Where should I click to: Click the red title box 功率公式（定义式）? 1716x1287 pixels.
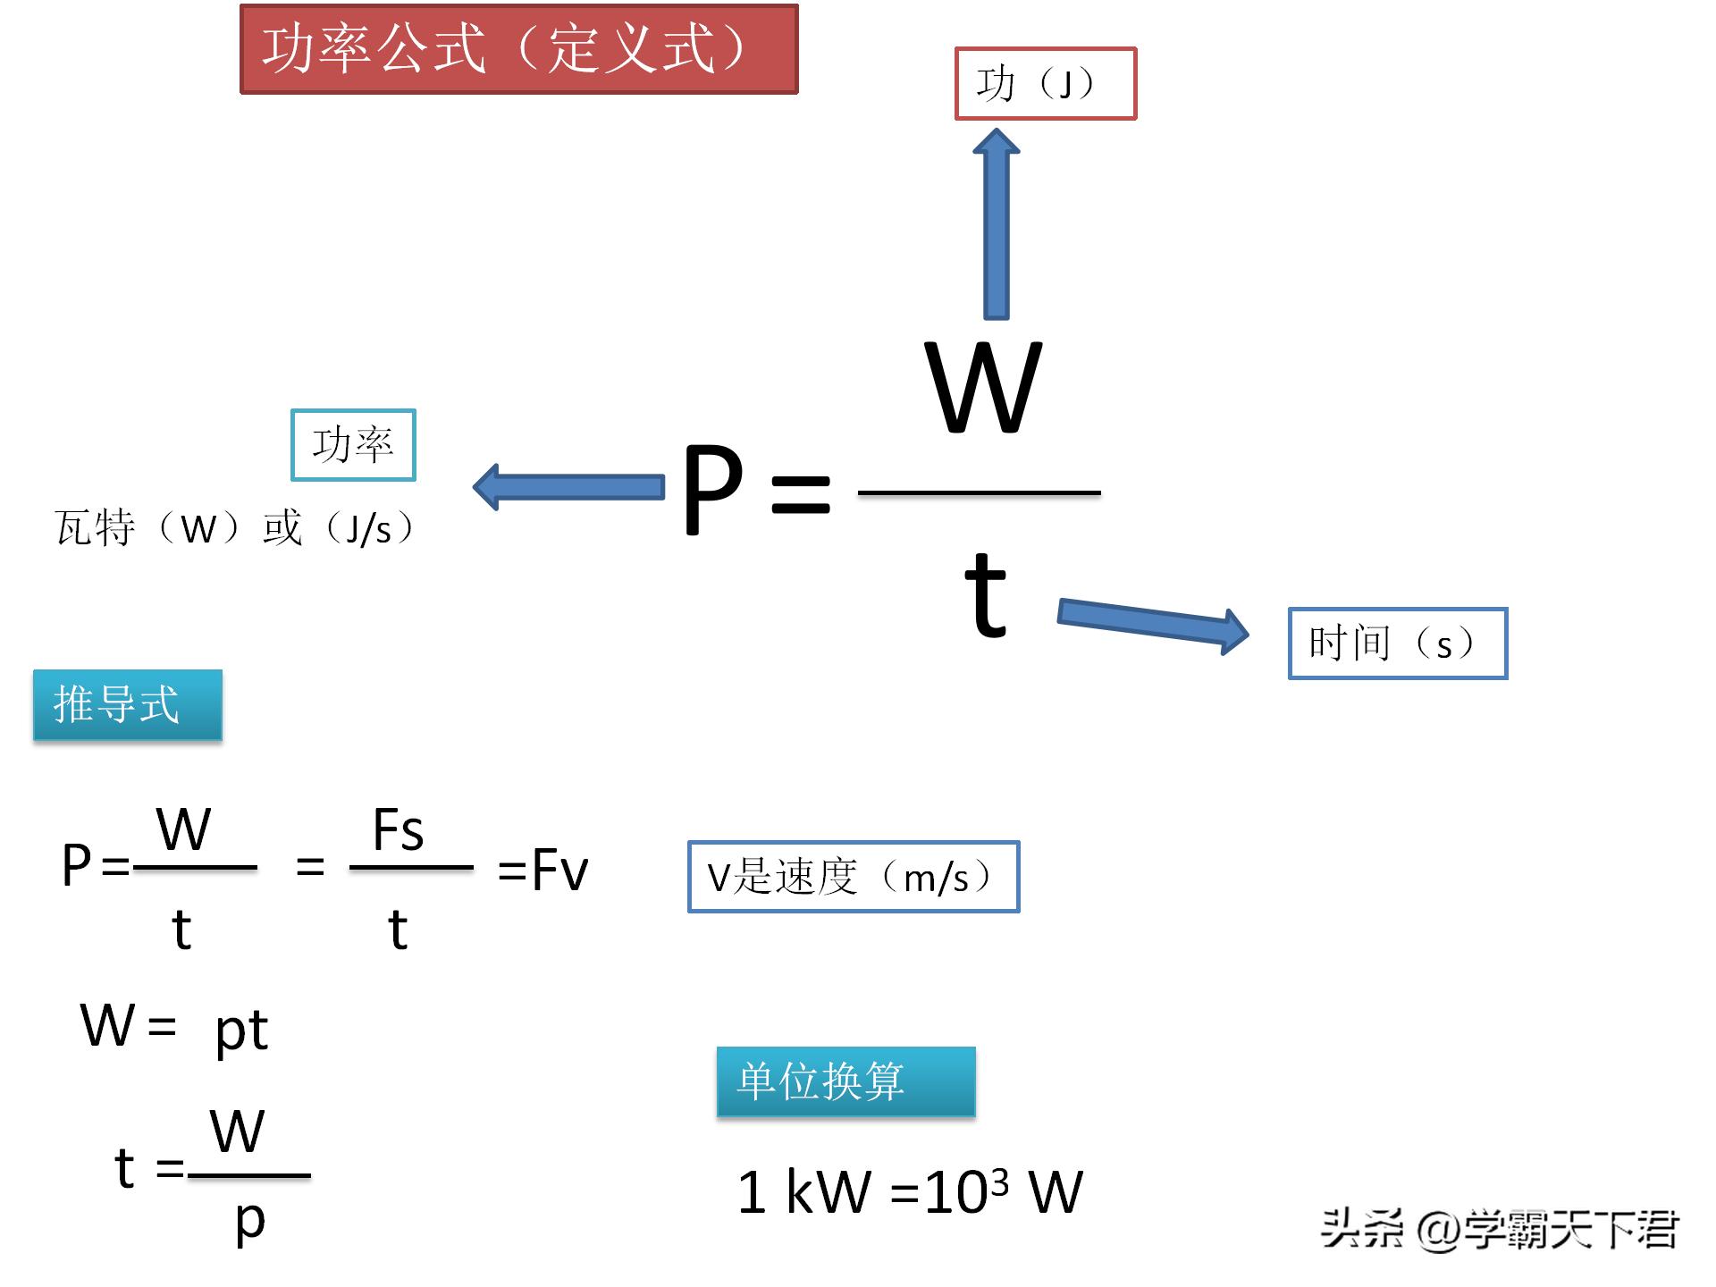(x=518, y=49)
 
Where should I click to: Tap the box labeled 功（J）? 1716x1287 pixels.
(x=1045, y=84)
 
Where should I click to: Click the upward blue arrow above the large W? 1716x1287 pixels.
(x=996, y=223)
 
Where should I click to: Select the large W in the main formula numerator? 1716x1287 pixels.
(x=983, y=388)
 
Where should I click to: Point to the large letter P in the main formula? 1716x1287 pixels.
(x=712, y=490)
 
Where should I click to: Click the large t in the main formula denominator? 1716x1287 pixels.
(x=986, y=594)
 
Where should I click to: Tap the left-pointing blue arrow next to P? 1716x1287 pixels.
(x=568, y=487)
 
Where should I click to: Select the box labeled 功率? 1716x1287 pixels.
(x=353, y=445)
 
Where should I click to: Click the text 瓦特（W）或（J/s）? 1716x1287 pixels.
(x=234, y=528)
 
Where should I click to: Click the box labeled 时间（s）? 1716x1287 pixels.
(x=1397, y=643)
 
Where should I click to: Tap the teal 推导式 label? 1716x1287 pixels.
(x=127, y=705)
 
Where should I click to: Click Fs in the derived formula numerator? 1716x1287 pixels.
(x=398, y=830)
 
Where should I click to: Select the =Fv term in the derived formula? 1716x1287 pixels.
(x=543, y=870)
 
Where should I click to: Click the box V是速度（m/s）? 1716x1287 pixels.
(x=853, y=877)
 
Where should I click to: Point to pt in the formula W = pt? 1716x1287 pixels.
(x=241, y=1030)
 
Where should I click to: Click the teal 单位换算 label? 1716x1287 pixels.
(x=845, y=1081)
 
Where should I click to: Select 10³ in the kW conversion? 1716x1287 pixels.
(x=966, y=1190)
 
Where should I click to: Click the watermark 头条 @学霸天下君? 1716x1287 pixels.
(x=1499, y=1229)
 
